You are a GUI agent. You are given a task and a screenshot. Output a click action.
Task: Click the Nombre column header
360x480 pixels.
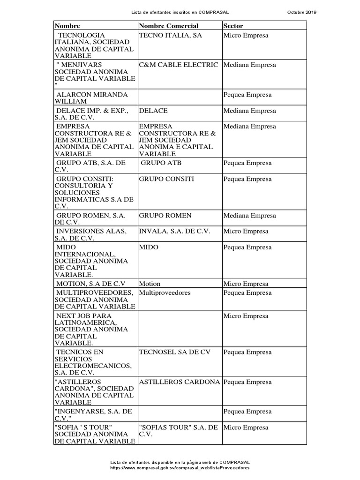(67, 26)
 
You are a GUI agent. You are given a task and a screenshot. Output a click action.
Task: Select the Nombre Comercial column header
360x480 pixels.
(169, 26)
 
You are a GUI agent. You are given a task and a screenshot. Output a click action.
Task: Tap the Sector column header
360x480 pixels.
(233, 26)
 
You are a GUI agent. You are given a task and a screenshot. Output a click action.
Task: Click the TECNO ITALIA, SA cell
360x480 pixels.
(171, 36)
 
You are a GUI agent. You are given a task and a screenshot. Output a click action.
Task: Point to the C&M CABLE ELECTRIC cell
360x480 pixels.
(179, 65)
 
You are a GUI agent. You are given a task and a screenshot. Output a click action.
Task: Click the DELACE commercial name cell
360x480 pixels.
(153, 111)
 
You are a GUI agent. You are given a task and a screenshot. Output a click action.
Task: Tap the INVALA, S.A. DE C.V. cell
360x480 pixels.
(175, 232)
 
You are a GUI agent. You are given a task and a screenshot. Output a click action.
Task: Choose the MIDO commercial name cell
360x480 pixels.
(149, 247)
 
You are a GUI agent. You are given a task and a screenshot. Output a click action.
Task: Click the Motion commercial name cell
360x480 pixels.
(150, 284)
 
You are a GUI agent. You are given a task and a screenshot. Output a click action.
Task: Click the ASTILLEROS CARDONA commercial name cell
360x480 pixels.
(179, 382)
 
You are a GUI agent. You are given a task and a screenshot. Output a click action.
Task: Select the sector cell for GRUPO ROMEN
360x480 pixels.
(250, 216)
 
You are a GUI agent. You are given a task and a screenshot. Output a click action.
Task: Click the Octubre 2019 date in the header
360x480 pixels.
(301, 12)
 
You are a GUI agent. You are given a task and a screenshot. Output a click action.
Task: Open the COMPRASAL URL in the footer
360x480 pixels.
(180, 468)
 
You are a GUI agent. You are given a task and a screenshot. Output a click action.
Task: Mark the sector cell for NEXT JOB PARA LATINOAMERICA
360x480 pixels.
(246, 316)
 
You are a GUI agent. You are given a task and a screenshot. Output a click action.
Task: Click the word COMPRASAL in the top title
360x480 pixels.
(214, 12)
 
